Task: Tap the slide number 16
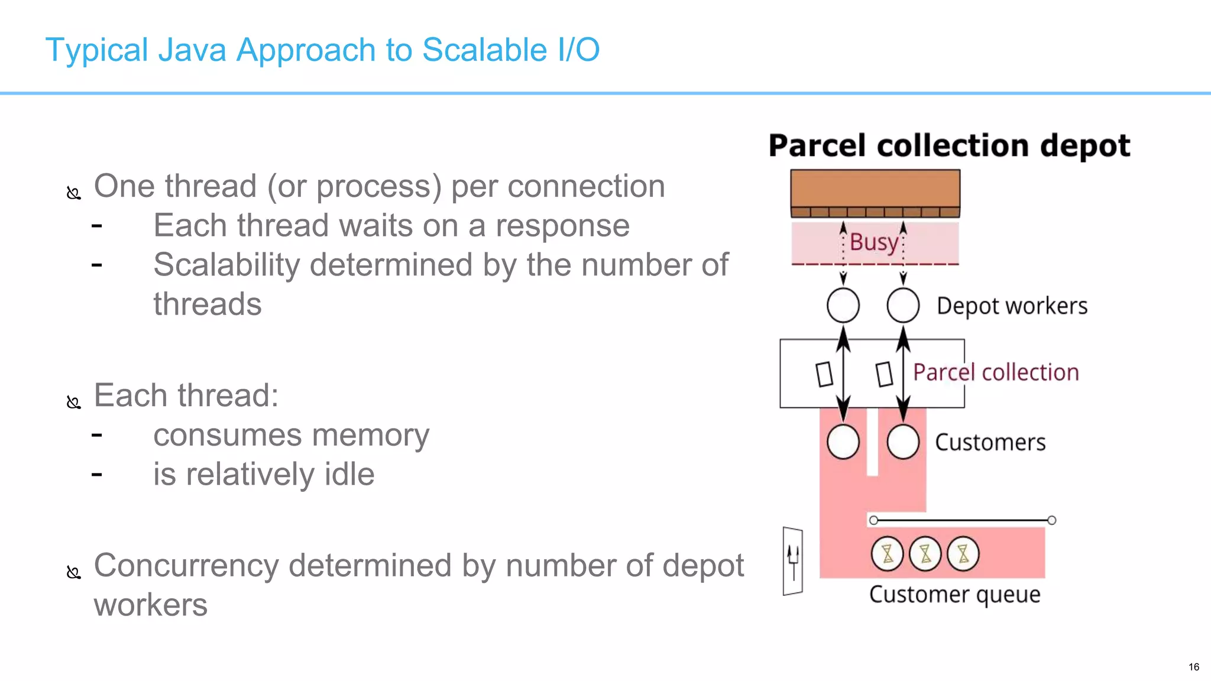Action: [x=1193, y=667]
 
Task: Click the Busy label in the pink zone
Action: [x=873, y=242]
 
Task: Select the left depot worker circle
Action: [x=843, y=306]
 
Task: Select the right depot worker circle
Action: [x=903, y=306]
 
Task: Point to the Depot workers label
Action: [x=1012, y=306]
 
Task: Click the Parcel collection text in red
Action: [x=996, y=372]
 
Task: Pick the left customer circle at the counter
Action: [x=843, y=442]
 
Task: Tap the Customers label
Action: [x=990, y=442]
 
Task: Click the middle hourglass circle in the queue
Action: [x=925, y=554]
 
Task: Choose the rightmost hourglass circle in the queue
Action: [x=963, y=554]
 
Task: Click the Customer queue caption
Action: [x=954, y=594]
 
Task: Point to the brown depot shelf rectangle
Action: [x=875, y=189]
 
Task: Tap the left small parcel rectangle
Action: [x=824, y=374]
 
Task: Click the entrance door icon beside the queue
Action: [x=792, y=561]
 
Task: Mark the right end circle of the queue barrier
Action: [x=1051, y=520]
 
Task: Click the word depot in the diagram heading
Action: [x=1084, y=146]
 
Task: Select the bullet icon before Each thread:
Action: [x=73, y=403]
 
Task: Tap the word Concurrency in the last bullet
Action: [x=186, y=566]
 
